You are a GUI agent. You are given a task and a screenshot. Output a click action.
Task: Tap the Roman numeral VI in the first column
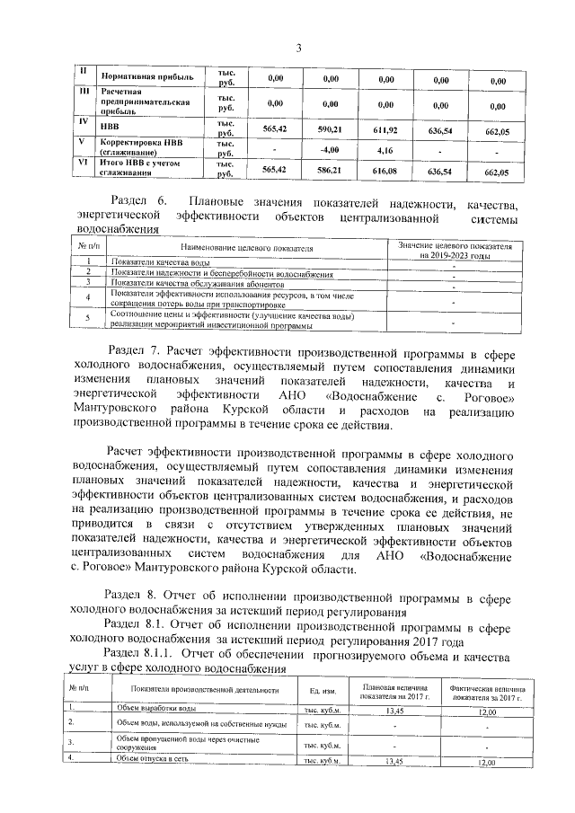click(83, 163)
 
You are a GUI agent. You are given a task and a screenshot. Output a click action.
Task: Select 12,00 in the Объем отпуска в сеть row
click(486, 762)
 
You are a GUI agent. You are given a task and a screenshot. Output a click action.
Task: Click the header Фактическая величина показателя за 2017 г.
click(487, 691)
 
